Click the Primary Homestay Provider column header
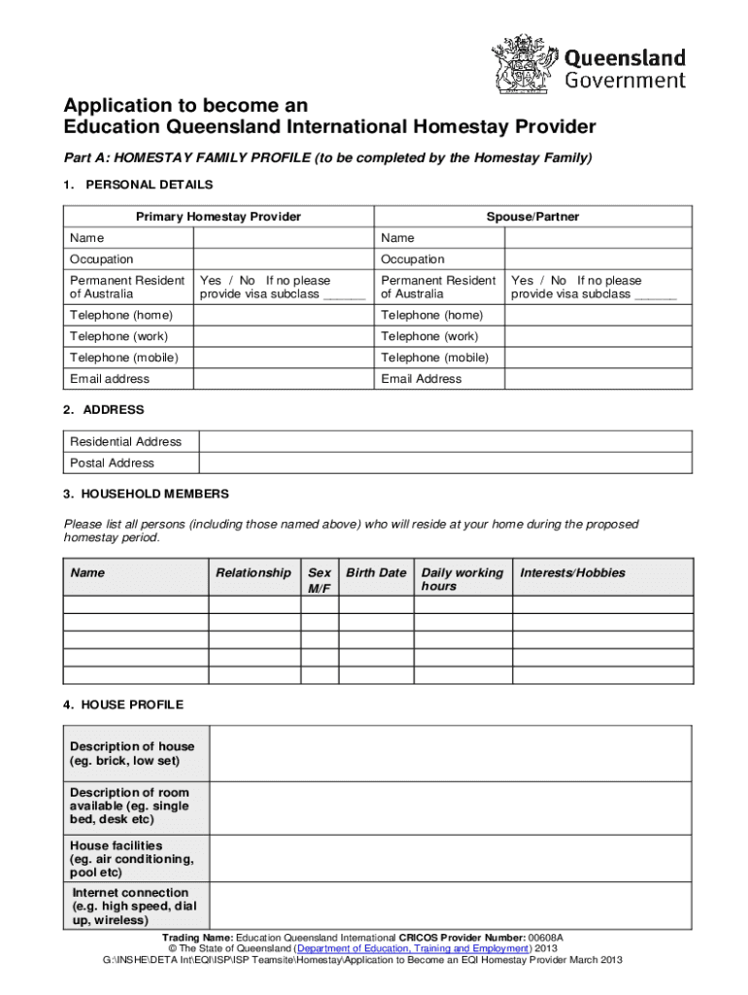coord(219,217)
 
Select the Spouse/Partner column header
coord(532,217)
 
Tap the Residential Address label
coord(125,441)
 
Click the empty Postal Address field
coord(445,463)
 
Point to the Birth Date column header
coord(376,573)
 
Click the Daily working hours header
coord(462,580)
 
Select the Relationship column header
coord(253,573)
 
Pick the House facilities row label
coord(131,859)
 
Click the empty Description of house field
coord(452,753)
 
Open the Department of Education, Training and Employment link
coord(413,948)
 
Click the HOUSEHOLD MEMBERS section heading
coord(146,494)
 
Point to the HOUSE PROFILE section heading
coord(123,704)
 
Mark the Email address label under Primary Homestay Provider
coord(110,379)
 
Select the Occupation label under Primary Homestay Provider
coord(102,259)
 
